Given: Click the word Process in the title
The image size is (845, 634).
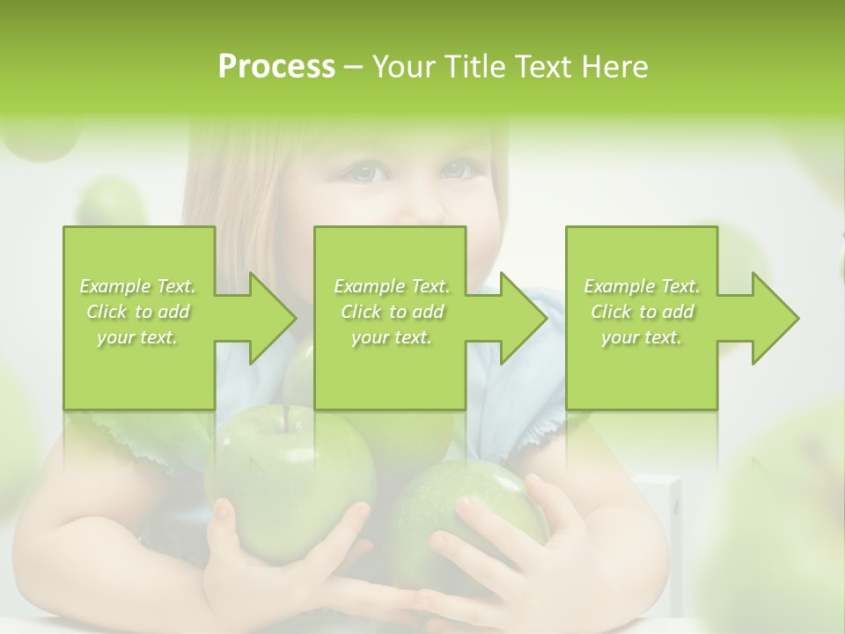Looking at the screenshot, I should point(276,67).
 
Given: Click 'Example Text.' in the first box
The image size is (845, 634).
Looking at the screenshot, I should point(138,286).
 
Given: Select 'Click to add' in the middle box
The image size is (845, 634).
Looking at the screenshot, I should point(392,312).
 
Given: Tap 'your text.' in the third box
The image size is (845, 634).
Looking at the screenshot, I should point(642,337).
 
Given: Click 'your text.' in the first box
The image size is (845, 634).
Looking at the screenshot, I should point(138,337).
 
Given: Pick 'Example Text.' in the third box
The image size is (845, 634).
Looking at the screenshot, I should point(642,286).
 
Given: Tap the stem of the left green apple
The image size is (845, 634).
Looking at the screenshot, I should point(286,417).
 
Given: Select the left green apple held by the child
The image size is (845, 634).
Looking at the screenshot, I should point(290,484).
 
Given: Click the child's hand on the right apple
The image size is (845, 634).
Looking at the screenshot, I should point(528,546).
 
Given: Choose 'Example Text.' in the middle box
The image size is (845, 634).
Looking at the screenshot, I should point(392,286).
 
